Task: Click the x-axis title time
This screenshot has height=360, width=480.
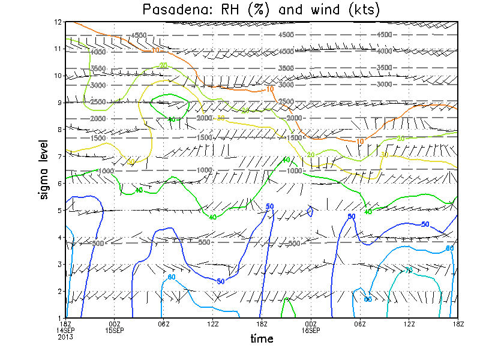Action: tap(262, 339)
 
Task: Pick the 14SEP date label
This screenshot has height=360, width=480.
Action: tap(66, 330)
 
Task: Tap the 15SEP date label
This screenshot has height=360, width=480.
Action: tap(115, 330)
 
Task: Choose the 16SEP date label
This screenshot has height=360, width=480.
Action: tap(311, 330)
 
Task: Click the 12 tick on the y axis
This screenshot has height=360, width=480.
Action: tap(59, 22)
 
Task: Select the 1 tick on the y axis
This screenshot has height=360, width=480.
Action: tap(61, 317)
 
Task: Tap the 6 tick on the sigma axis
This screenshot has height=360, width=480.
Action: tap(61, 183)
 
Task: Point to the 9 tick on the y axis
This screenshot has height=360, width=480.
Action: tap(61, 103)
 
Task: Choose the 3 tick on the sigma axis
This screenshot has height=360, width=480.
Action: tap(61, 264)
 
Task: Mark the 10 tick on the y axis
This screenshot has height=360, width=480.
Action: tap(59, 76)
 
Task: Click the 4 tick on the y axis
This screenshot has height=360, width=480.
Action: tap(61, 237)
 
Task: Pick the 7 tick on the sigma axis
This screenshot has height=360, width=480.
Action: tap(61, 156)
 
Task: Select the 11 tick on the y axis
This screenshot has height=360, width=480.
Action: tap(59, 49)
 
